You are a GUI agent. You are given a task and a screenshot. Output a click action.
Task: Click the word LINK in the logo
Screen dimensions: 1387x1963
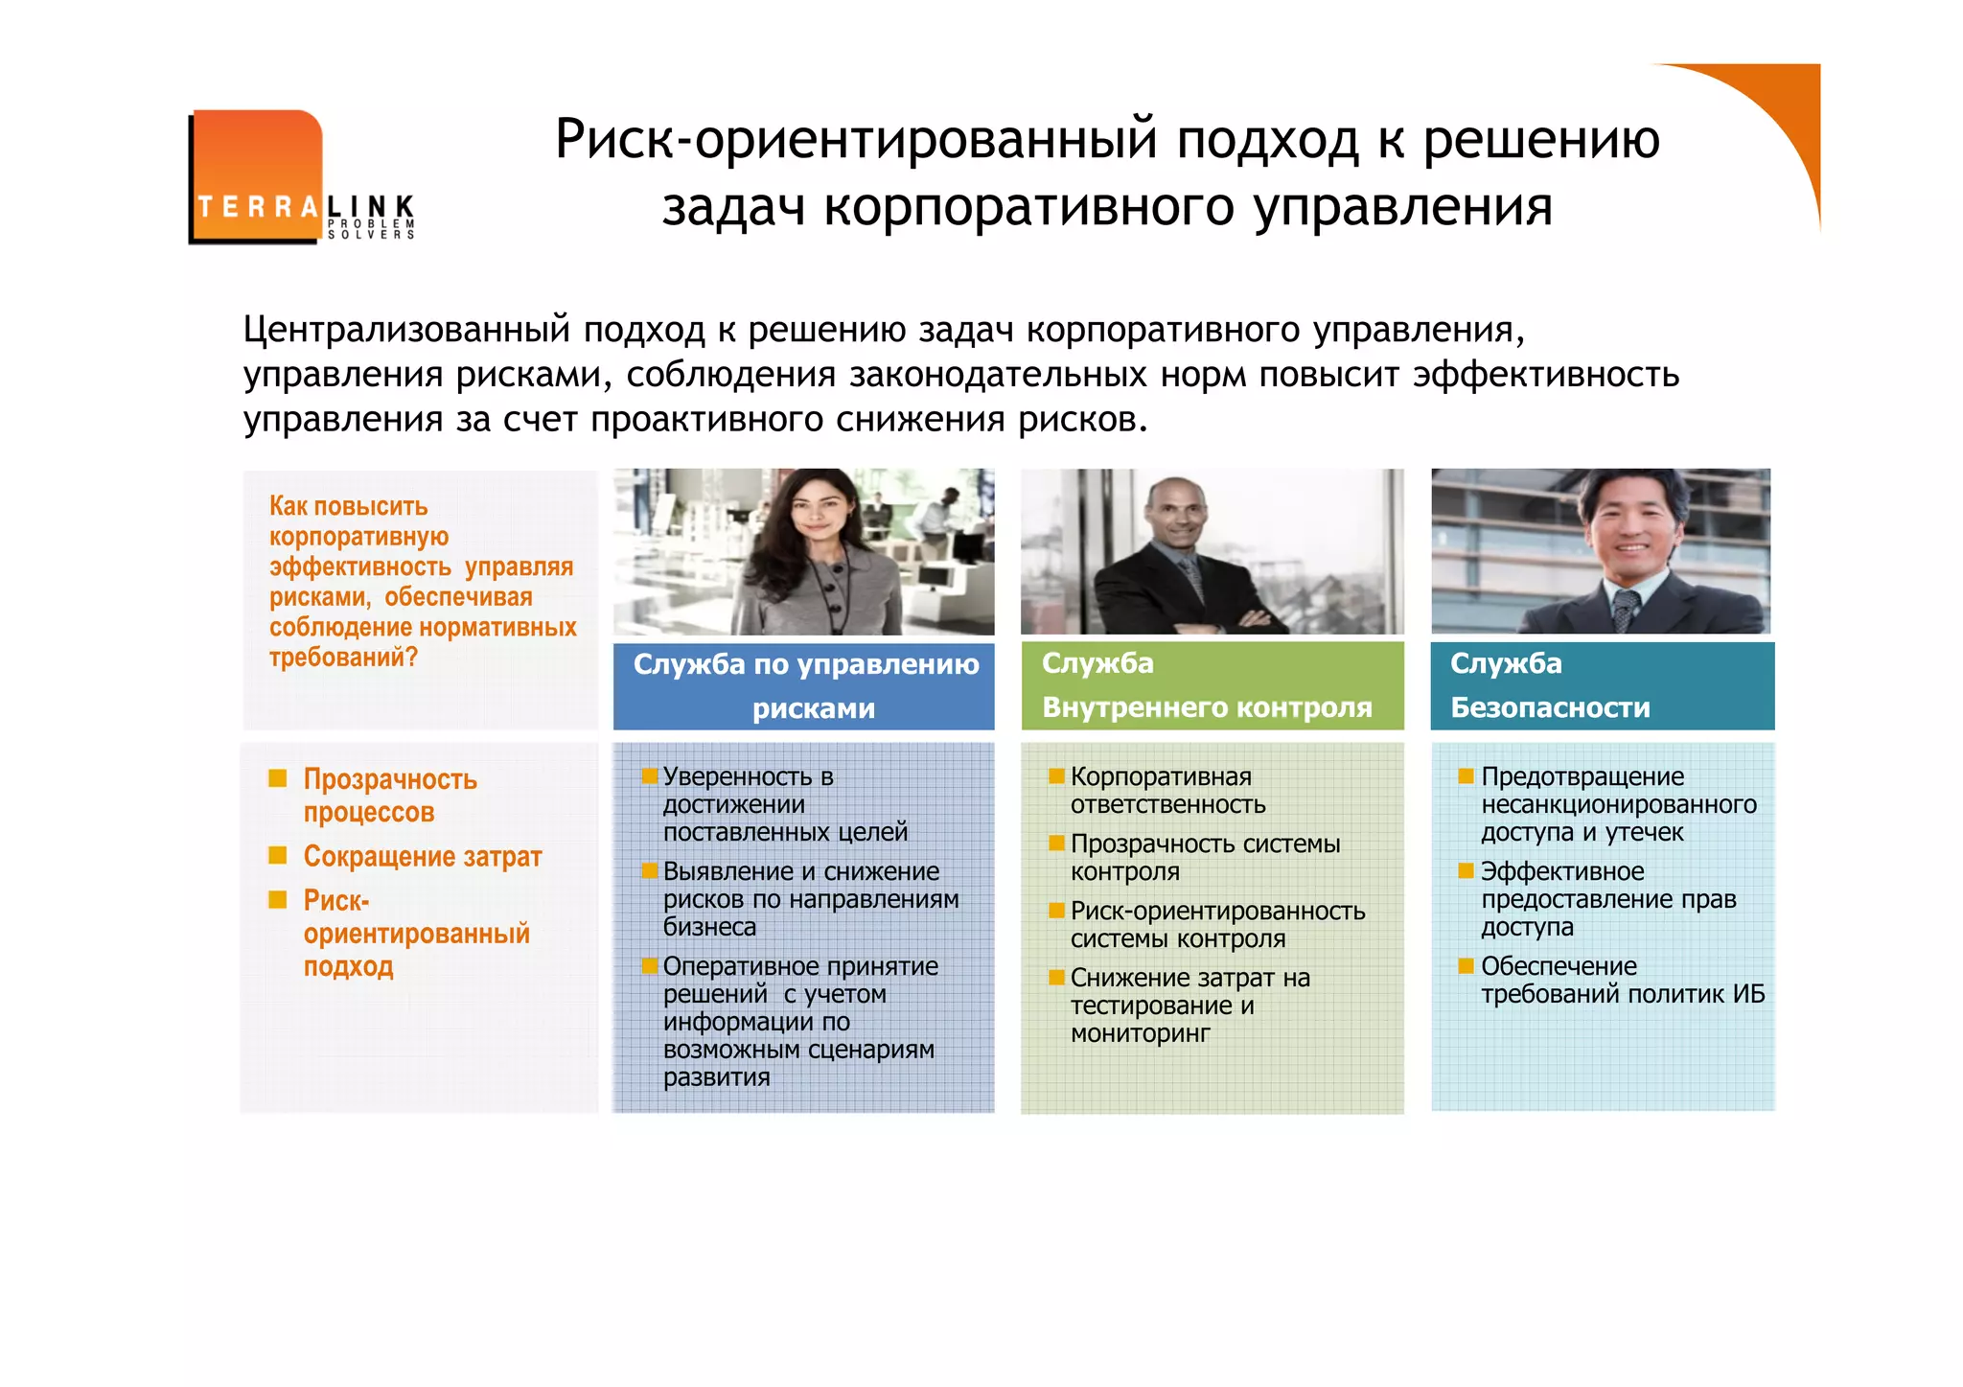click(371, 205)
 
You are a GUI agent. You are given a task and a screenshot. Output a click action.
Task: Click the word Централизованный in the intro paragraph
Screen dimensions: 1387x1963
click(405, 330)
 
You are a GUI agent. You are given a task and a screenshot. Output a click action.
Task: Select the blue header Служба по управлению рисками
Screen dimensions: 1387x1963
click(805, 685)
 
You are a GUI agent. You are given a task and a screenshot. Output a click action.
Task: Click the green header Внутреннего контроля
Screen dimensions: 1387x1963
click(1207, 707)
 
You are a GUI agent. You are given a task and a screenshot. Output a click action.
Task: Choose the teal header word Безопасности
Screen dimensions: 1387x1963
click(1550, 707)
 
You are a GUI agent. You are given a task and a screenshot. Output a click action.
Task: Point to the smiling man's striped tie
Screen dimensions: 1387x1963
click(1625, 610)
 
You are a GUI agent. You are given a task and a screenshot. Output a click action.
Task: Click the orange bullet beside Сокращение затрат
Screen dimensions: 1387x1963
click(278, 855)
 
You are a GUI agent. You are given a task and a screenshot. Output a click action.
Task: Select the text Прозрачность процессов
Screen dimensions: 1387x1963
click(389, 795)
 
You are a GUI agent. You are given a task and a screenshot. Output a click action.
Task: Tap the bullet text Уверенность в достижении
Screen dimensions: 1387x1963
click(748, 790)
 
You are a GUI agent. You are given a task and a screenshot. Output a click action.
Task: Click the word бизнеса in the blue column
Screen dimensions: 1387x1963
click(709, 927)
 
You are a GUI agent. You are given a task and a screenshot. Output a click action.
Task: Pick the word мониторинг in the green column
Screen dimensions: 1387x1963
click(1140, 1033)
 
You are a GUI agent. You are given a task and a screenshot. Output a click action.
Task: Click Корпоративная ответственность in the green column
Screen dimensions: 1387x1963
click(1166, 790)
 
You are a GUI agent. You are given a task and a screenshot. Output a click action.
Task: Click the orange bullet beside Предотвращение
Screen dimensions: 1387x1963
click(1466, 775)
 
